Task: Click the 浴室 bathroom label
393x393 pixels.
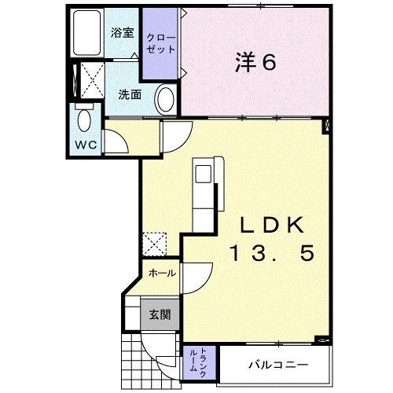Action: coord(122,33)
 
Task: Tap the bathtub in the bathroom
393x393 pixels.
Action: coord(86,32)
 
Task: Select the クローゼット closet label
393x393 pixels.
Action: coord(160,43)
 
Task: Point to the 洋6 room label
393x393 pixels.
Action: coord(255,62)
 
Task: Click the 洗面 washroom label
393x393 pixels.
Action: coord(130,94)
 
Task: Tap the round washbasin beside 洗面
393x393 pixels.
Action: coord(166,100)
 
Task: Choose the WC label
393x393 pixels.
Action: coord(86,145)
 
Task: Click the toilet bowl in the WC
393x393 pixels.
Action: coord(84,120)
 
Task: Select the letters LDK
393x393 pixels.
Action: coord(272,225)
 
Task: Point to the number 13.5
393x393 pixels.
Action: coord(272,253)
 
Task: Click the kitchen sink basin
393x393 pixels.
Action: coord(204,174)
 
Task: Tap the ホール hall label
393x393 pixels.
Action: coord(162,274)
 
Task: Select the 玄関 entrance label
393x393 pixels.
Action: coord(160,314)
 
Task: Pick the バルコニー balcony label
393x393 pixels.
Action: coord(278,365)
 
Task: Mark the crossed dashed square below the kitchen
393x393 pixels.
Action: coord(154,244)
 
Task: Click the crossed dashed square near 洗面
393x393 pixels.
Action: coord(93,80)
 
